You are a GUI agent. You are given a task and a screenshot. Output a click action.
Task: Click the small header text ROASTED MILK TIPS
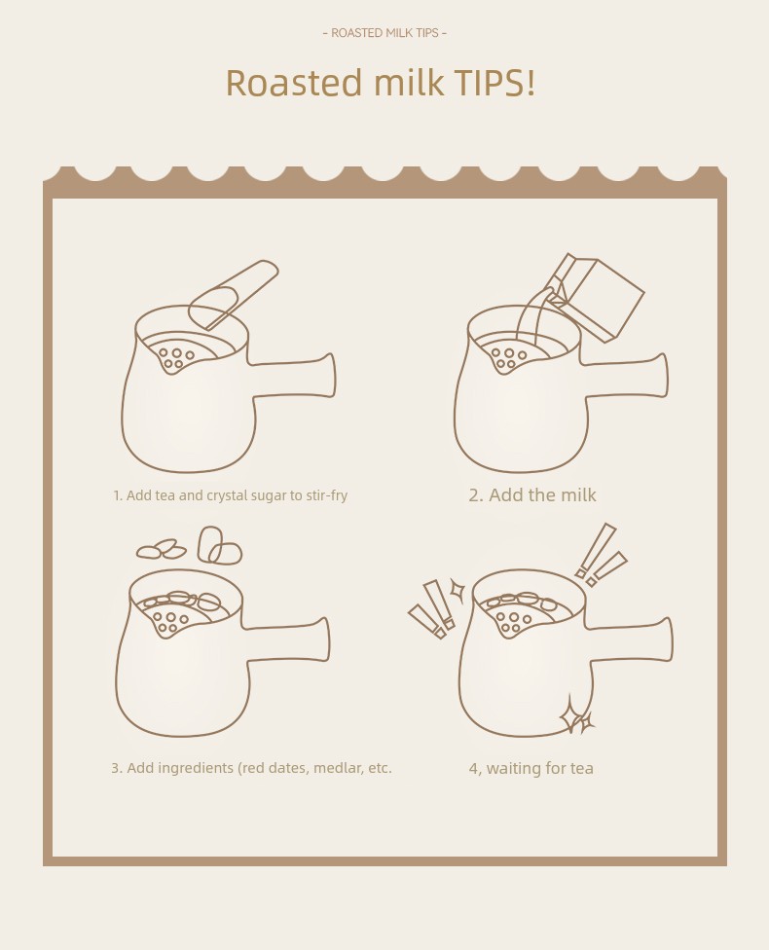(x=384, y=33)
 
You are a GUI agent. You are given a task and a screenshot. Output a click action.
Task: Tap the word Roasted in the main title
(x=294, y=83)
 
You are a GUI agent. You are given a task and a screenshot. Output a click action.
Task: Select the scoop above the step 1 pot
(x=233, y=295)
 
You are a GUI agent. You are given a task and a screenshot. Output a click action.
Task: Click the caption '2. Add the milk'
(x=532, y=495)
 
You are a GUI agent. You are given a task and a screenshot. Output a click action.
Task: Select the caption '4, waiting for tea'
(x=531, y=768)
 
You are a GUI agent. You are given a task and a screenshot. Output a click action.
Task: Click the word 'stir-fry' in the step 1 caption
(x=327, y=495)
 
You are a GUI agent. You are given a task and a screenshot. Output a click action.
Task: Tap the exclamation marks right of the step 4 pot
(x=602, y=555)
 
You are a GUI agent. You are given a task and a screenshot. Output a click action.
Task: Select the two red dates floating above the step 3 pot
(x=219, y=545)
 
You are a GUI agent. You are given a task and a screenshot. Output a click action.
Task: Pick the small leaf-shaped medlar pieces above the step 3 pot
(x=162, y=550)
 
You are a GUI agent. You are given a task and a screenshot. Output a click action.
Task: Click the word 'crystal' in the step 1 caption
(x=227, y=495)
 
